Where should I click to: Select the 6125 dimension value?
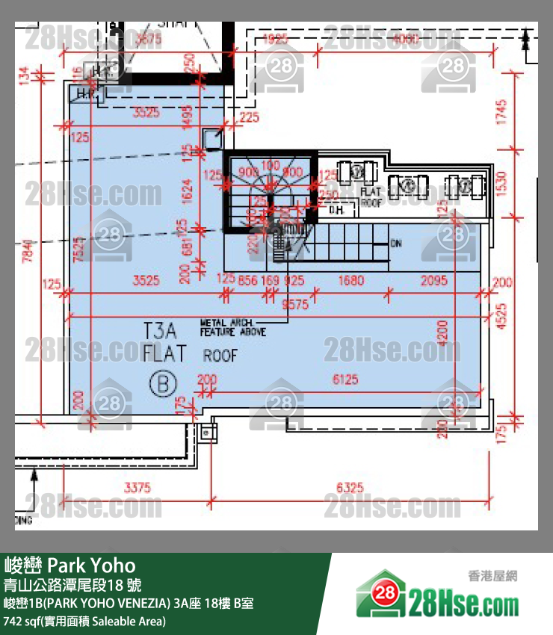coord(345,380)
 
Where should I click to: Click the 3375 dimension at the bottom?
coord(137,488)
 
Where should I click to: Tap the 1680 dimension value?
coord(350,281)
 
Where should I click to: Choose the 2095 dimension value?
coord(433,281)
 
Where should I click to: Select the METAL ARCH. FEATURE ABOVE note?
coord(232,327)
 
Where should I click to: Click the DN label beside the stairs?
coord(396,244)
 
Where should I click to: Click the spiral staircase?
coord(269,190)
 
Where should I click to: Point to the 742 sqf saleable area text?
coord(84,621)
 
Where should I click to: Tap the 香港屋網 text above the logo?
coord(492,576)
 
